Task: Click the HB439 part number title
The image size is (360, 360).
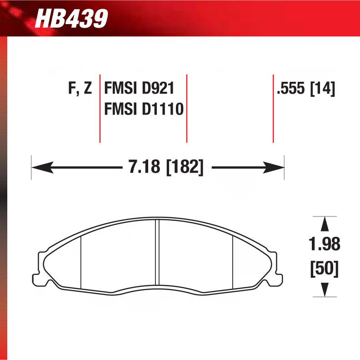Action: (x=71, y=19)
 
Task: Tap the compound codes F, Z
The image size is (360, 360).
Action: (x=80, y=88)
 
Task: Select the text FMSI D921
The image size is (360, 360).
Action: (x=139, y=88)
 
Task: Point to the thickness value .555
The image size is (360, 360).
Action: (x=291, y=88)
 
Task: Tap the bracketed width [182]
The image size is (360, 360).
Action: (x=185, y=168)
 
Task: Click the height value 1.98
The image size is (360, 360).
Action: (x=325, y=244)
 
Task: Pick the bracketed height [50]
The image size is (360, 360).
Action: (x=325, y=269)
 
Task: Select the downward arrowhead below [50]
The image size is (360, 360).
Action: (x=325, y=289)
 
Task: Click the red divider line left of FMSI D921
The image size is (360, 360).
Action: (x=100, y=108)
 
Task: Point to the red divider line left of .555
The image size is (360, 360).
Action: (x=273, y=108)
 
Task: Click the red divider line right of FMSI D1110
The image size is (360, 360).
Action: (x=187, y=108)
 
